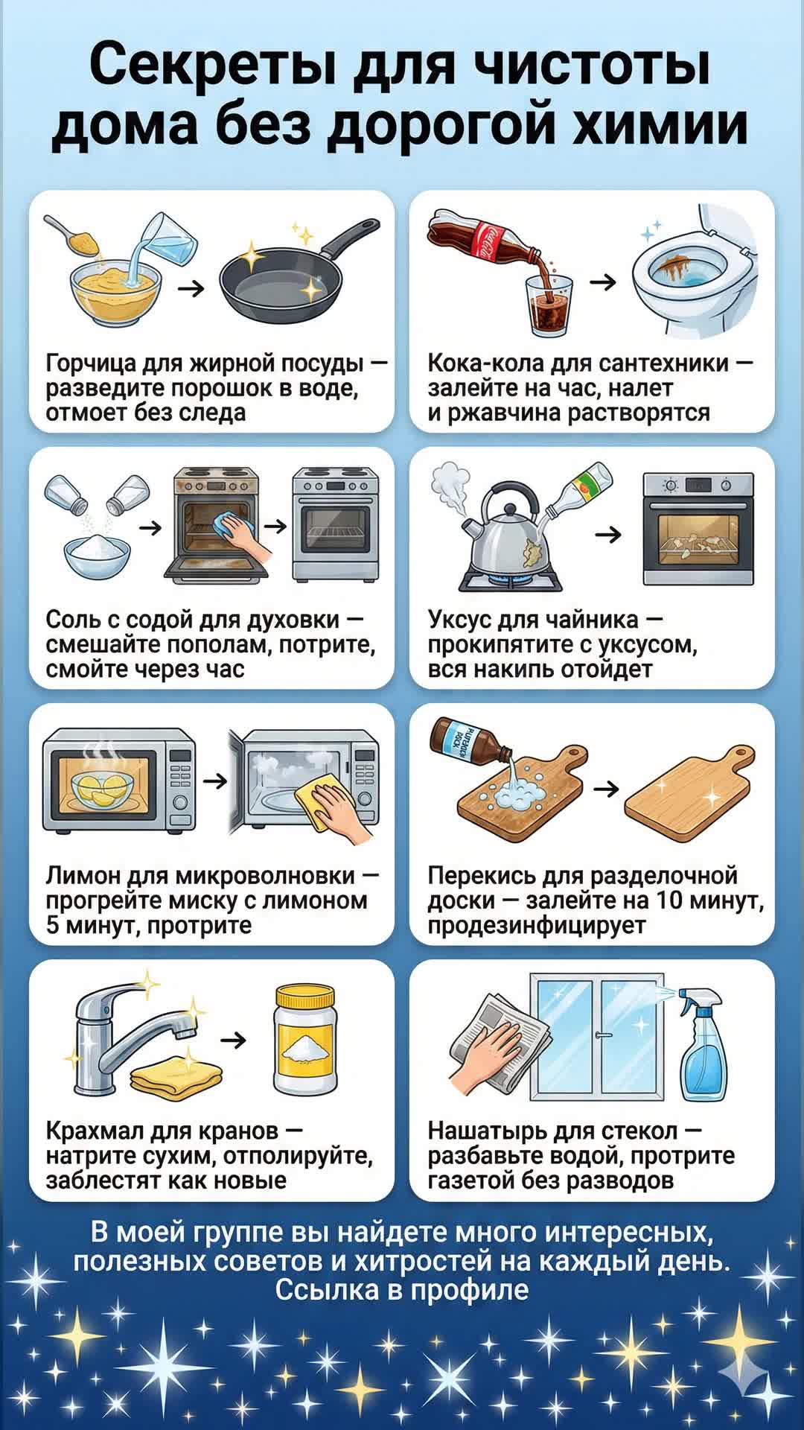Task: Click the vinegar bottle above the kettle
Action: coord(579,491)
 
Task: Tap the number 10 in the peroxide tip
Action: coord(669,900)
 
